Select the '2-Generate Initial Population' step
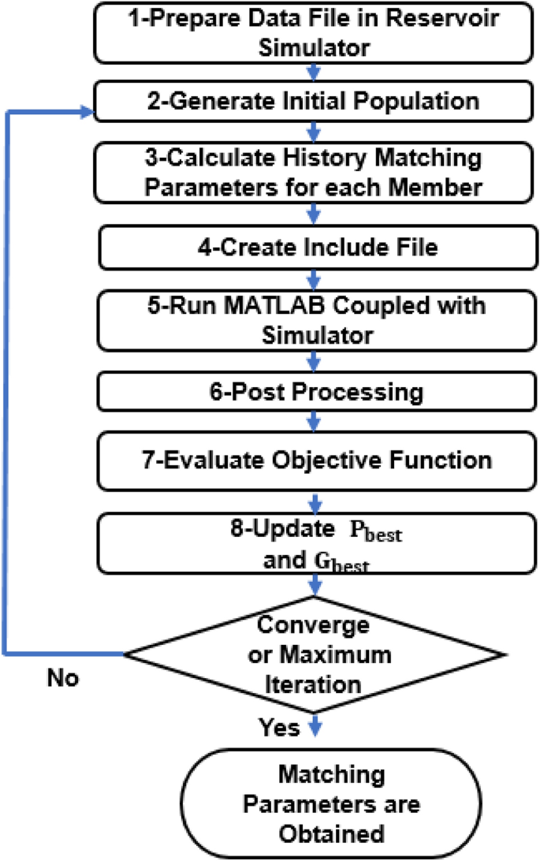point(315,102)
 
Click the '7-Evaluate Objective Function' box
point(315,460)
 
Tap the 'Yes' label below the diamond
point(279,728)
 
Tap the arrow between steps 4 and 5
point(315,278)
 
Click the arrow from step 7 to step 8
point(315,501)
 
